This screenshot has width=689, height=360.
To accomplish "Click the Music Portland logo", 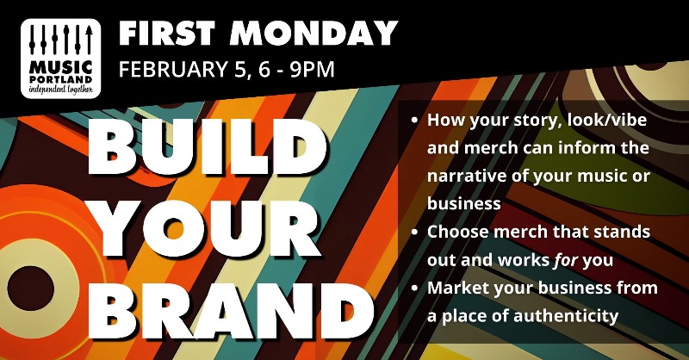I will point(60,57).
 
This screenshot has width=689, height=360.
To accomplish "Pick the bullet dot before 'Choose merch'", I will point(415,233).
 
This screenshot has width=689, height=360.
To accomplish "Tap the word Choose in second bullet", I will point(455,233).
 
